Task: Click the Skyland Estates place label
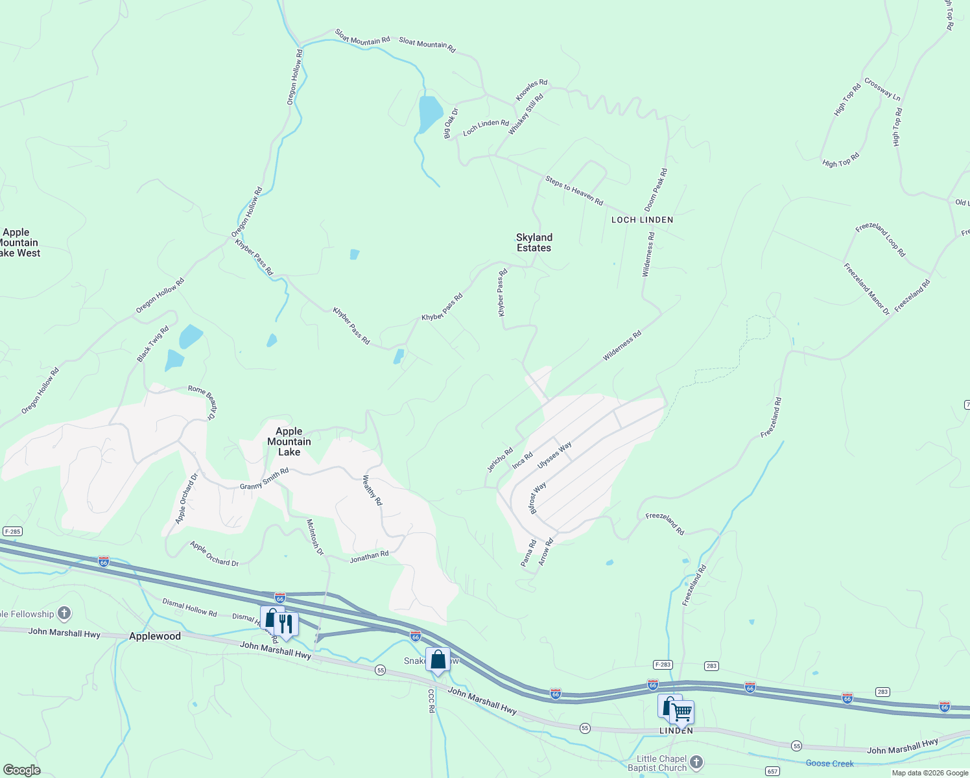534,242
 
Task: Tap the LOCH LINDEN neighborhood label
642,220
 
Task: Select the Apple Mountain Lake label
289,442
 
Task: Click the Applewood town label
155,636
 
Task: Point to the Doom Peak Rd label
656,190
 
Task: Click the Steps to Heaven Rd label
574,191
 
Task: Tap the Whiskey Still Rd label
526,115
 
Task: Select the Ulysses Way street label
554,455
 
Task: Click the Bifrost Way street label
538,498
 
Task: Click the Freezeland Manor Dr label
866,289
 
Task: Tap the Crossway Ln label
882,89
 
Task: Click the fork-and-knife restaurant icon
286,624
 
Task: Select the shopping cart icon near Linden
681,712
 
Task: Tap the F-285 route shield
12,532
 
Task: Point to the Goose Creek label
829,763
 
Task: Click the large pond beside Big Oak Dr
430,113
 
